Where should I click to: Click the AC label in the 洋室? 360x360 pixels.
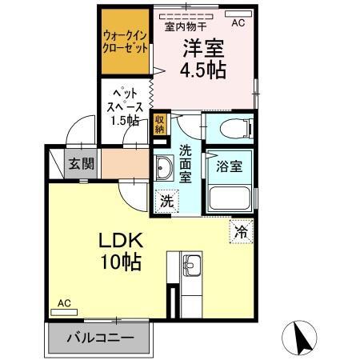coord(238,23)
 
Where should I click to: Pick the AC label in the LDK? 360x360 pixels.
coord(64,303)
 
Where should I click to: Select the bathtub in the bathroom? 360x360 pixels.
coord(230,198)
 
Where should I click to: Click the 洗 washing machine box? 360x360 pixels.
coord(166,202)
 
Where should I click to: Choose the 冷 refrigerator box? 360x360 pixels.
coord(241,232)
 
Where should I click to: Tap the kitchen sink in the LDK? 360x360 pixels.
coord(193,265)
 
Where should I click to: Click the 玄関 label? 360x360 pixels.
coord(81,165)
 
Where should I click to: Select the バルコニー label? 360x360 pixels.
coord(99,338)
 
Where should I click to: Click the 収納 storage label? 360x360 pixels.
coord(159,122)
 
